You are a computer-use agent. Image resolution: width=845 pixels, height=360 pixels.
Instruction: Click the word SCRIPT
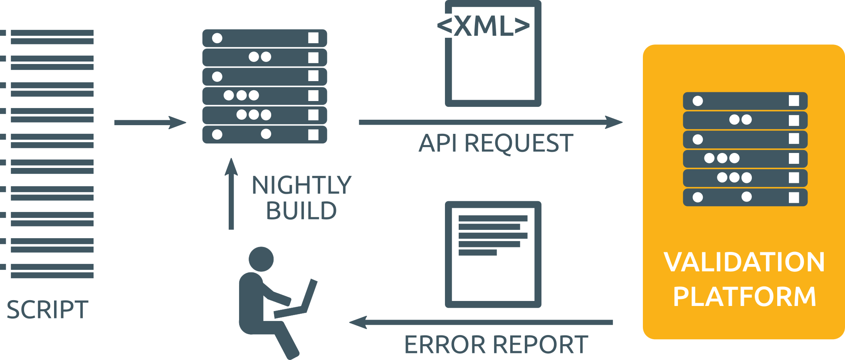pyautogui.click(x=47, y=310)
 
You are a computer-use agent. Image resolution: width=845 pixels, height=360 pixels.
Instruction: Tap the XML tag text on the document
pyautogui.click(x=484, y=26)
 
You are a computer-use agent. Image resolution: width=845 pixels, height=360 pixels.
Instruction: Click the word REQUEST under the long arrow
pyautogui.click(x=519, y=143)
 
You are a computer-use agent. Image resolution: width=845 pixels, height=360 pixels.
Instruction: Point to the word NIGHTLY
pyautogui.click(x=301, y=185)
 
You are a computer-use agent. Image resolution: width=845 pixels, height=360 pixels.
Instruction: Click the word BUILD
pyautogui.click(x=301, y=211)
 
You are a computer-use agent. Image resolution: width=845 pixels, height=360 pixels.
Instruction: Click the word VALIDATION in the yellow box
pyautogui.click(x=744, y=262)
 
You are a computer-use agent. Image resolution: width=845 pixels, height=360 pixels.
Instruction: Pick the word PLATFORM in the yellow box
pyautogui.click(x=744, y=296)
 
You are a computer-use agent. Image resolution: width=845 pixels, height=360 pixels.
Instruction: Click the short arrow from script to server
pyautogui.click(x=150, y=123)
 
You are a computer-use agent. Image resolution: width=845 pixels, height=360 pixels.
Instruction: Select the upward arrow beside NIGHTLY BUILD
pyautogui.click(x=231, y=193)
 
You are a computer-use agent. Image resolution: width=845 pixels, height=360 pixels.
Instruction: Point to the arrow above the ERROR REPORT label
pyautogui.click(x=481, y=322)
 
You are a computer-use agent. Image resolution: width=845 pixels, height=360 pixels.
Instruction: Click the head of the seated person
pyautogui.click(x=261, y=259)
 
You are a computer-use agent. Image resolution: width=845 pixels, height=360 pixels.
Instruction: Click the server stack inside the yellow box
pyautogui.click(x=745, y=149)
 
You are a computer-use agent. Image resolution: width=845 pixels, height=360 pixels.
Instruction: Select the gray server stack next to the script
pyautogui.click(x=264, y=86)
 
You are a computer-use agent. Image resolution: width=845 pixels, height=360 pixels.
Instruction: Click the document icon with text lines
pyautogui.click(x=493, y=254)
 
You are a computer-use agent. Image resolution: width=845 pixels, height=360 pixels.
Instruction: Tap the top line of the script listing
pyautogui.click(x=52, y=33)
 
